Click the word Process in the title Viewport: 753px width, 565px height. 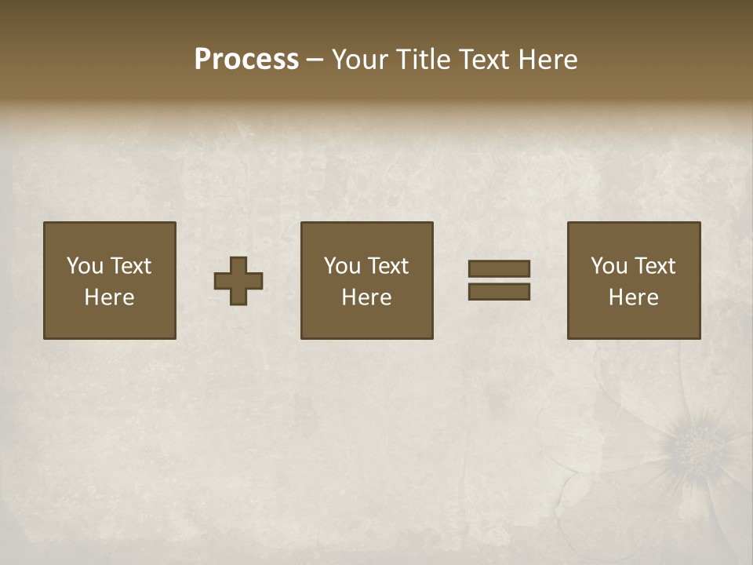(x=246, y=60)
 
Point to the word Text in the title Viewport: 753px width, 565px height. (x=486, y=60)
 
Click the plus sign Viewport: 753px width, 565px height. (x=238, y=281)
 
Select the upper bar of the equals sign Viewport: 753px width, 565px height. (x=499, y=269)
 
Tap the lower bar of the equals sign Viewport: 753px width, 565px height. (x=499, y=292)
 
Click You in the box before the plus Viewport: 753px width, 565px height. (x=85, y=266)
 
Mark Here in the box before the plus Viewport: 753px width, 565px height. (x=109, y=297)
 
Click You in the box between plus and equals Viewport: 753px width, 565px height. (x=342, y=266)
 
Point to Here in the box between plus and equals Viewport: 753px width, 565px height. (x=366, y=297)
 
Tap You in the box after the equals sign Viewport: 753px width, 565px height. (x=609, y=266)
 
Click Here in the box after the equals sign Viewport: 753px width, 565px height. (x=633, y=297)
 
